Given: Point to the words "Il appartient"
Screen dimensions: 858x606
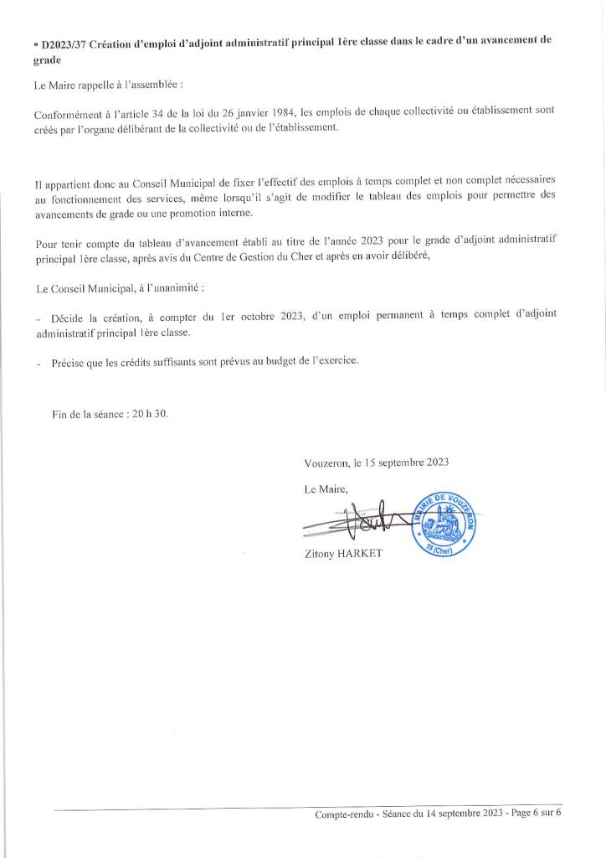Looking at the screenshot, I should [x=62, y=182].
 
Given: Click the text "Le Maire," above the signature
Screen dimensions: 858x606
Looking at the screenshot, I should [x=326, y=488].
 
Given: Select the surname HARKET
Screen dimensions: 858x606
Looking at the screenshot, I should [x=360, y=554].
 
